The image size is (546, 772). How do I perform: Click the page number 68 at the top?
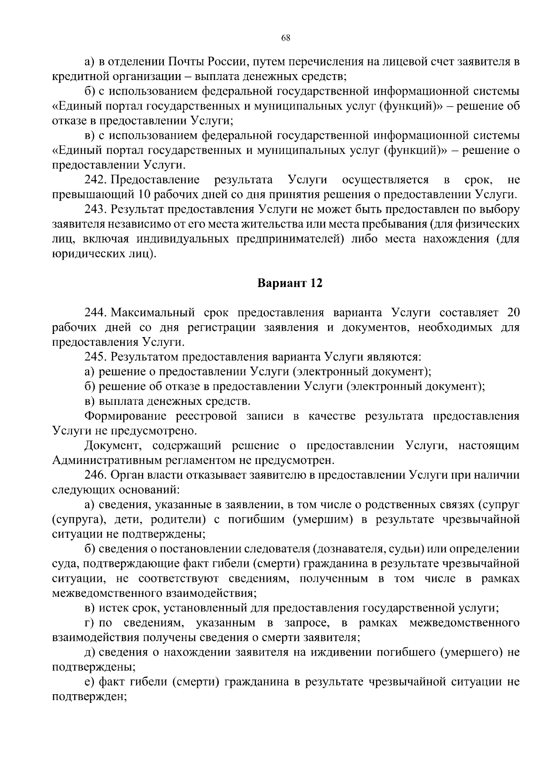286,38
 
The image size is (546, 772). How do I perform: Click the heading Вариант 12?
290,283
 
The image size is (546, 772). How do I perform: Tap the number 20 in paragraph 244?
512,313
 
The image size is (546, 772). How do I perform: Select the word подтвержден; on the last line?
89,696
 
